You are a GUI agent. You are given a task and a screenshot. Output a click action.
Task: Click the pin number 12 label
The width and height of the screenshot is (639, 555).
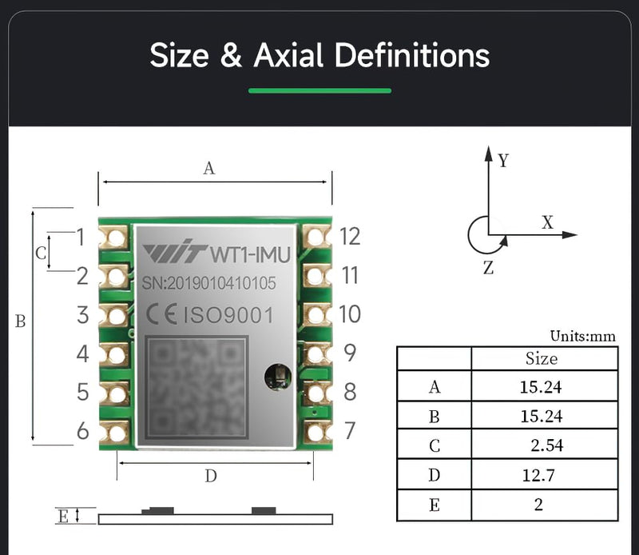point(349,237)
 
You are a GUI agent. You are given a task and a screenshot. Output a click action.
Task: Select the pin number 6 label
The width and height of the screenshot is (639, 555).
point(82,432)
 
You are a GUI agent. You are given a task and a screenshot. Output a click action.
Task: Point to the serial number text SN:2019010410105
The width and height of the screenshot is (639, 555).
point(208,283)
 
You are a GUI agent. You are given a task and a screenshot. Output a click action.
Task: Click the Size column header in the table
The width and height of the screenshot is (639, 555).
point(542,358)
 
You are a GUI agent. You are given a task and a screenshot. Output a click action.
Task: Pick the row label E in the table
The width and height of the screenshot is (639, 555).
point(434,505)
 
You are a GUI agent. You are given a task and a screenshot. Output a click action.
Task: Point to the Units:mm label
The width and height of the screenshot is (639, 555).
point(583,337)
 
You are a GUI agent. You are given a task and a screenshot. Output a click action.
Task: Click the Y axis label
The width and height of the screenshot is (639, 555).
point(503,161)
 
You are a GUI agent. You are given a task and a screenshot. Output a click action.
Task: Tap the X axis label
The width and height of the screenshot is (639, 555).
point(547,223)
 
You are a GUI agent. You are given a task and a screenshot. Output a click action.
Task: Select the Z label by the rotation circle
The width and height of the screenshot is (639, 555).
point(489,269)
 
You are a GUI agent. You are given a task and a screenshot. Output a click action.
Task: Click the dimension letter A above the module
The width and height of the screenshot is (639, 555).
point(209,168)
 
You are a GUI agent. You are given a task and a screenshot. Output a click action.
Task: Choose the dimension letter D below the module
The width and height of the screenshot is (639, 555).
point(211,477)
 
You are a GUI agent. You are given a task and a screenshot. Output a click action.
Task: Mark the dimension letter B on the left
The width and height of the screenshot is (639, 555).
point(21,321)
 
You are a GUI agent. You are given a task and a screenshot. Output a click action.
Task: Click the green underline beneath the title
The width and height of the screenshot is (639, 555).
point(319,90)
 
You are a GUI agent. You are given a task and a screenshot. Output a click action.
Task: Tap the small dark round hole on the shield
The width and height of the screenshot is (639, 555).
point(277,373)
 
